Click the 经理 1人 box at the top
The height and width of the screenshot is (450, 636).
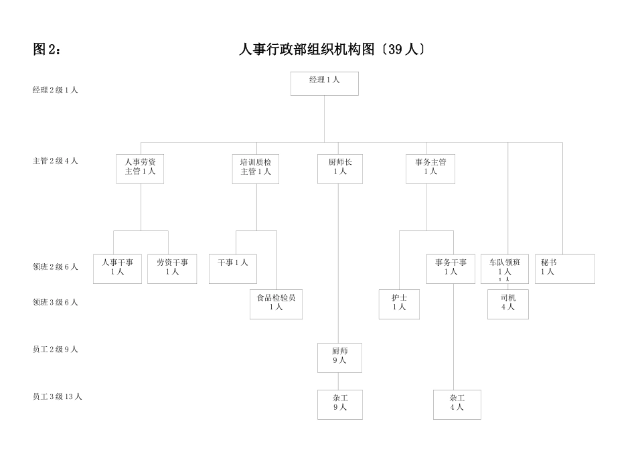coord(324,83)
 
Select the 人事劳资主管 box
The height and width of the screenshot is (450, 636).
coord(140,168)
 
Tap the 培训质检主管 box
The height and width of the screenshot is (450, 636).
coord(256,168)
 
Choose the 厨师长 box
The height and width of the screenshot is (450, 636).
coord(340,168)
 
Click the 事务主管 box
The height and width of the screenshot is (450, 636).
coord(430,168)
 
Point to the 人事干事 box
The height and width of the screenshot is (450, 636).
coord(117,268)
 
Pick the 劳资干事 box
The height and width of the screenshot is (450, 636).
coord(172,268)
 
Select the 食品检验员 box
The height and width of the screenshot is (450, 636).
coord(276,303)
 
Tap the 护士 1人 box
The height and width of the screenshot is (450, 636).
coord(399,303)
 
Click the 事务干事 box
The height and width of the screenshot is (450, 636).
coord(451,268)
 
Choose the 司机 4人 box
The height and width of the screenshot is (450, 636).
coord(507,303)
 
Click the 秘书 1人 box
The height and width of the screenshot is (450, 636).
coord(564,268)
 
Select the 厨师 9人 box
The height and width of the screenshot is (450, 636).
coord(339,357)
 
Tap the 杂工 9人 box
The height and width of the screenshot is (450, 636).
coord(339,404)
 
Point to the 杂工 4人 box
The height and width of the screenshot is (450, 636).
coord(457,404)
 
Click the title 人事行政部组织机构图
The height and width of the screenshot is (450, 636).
coord(332,50)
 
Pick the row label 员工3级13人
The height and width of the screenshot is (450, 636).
coord(58,396)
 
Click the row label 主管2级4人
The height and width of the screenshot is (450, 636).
coord(56,161)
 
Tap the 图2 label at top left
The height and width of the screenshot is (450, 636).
coord(46,50)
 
